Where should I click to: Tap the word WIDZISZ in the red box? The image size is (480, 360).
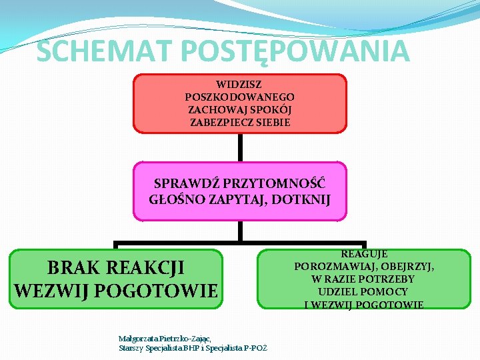click(x=239, y=85)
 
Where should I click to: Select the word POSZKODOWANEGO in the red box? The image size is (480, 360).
click(x=240, y=97)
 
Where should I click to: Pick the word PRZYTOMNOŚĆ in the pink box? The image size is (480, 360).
click(x=276, y=183)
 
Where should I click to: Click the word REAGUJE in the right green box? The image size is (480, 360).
click(x=364, y=254)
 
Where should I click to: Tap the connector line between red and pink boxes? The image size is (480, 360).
click(x=240, y=147)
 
